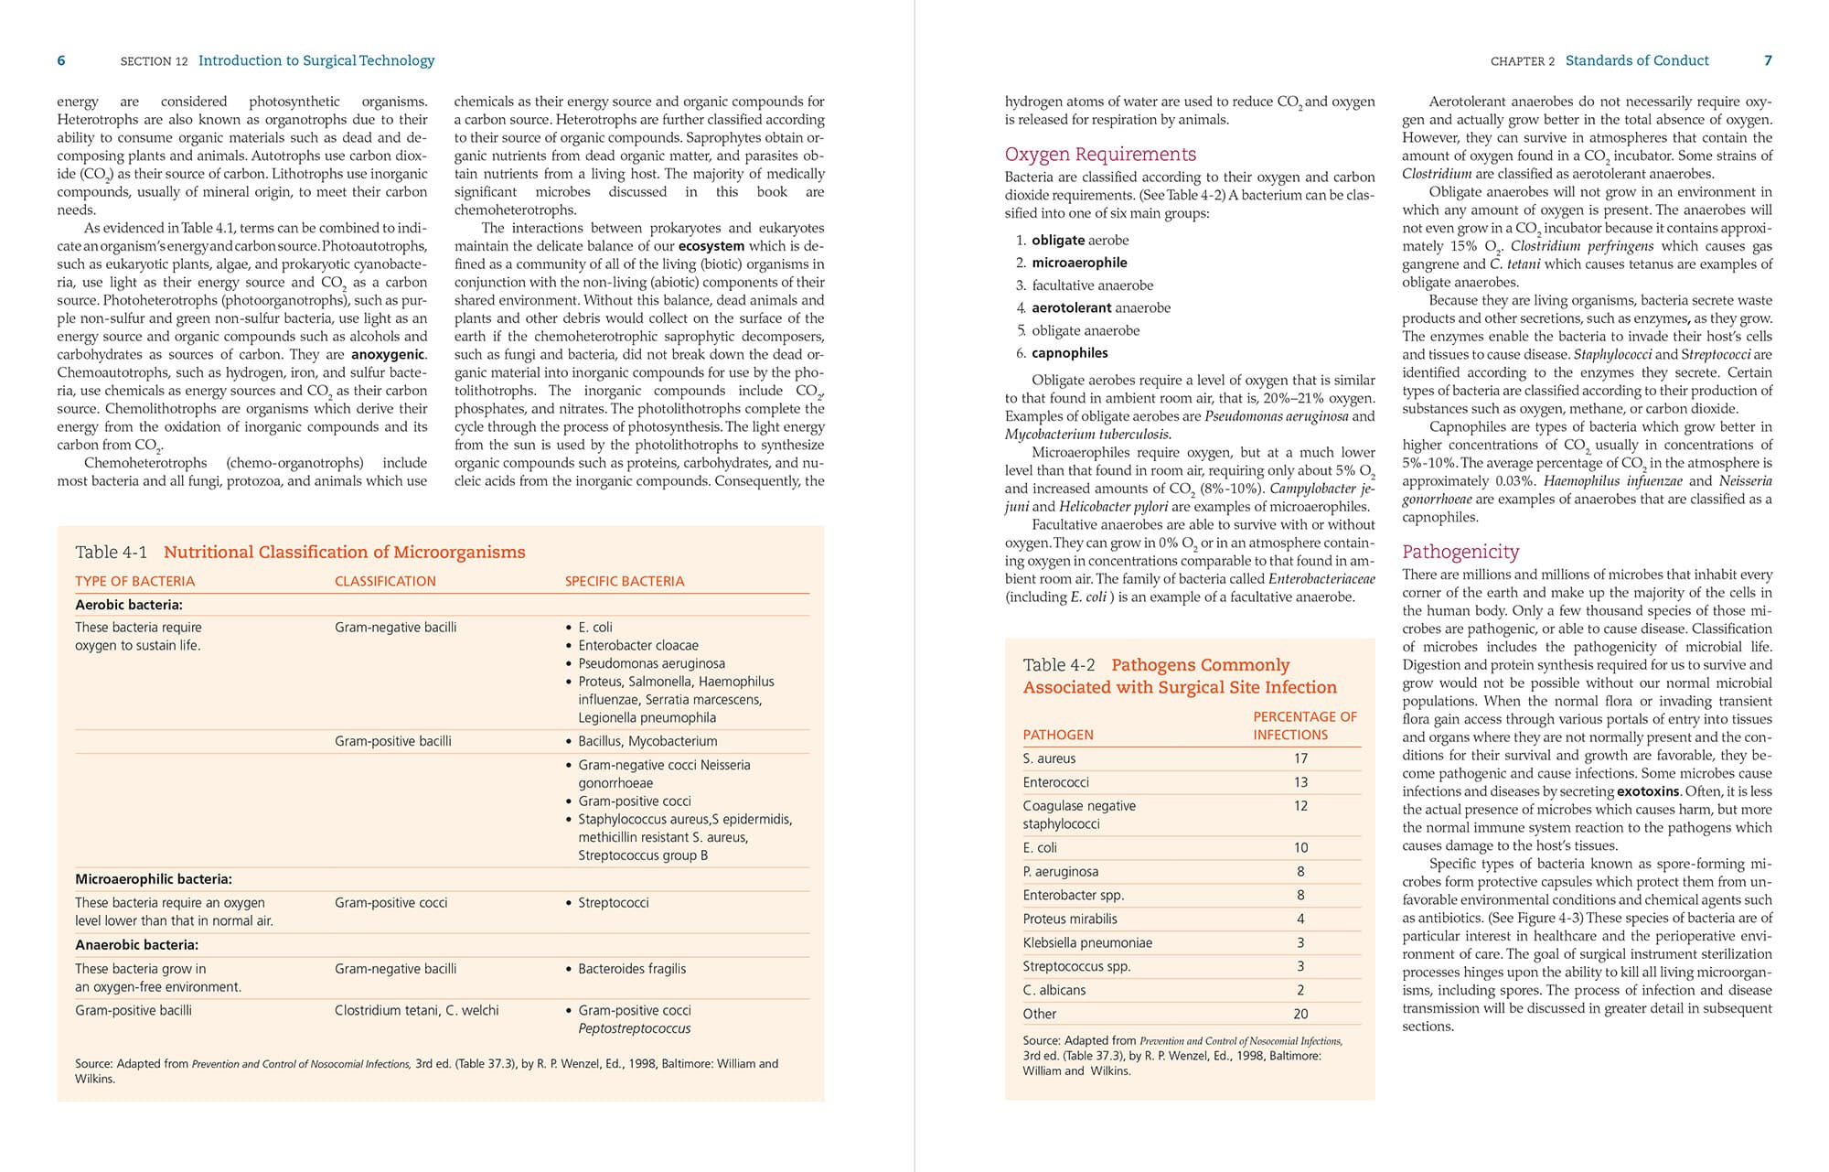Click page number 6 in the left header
[61, 61]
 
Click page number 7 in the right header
[1768, 61]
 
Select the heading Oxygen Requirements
[1099, 155]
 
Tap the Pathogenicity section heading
[1460, 552]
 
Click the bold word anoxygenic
[388, 355]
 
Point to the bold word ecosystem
[711, 246]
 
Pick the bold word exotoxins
[1647, 791]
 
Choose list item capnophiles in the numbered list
[1069, 353]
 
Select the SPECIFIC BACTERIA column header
[624, 582]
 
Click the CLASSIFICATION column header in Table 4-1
[385, 582]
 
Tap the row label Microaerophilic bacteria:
[153, 879]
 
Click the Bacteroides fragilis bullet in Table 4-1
[631, 969]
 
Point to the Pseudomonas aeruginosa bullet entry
[651, 663]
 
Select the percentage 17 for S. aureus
[1300, 758]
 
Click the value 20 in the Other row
[1300, 1014]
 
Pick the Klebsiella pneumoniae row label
[1086, 942]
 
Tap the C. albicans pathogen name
[1054, 990]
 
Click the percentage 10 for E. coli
[1300, 848]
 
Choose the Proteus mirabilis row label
[1069, 919]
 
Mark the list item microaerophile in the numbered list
[1079, 263]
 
